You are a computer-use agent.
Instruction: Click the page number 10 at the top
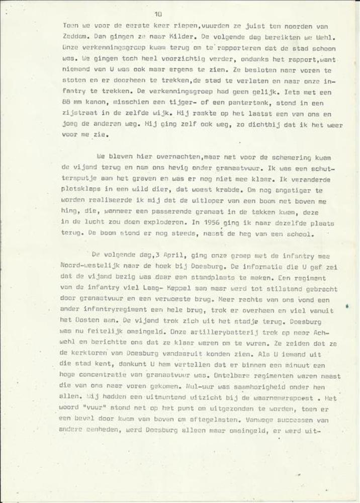[x=158, y=14]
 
